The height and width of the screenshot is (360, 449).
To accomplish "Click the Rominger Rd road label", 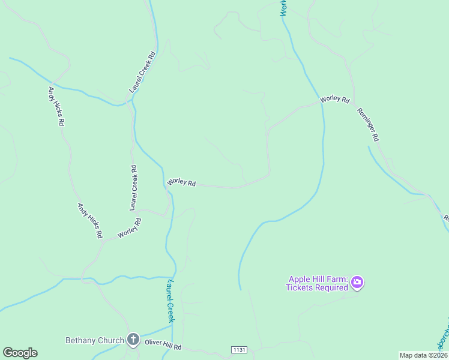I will coord(368,125).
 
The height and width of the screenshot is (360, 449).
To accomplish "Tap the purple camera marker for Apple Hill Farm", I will coord(357,282).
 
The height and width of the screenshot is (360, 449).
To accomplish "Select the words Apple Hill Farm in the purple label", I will coord(318,279).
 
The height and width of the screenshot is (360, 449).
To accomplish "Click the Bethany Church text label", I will coord(95,341).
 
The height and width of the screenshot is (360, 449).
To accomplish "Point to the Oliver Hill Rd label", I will coord(163,347).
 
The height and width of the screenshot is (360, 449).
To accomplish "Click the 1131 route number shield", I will coord(238,349).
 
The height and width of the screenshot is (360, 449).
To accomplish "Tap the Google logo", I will coord(20,353).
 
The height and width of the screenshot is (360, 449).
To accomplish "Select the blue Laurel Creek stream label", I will coord(170,301).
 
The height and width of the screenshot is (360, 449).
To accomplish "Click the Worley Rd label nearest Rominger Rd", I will coord(335,99).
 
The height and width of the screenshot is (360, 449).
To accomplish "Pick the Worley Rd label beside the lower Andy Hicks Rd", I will coord(130,228).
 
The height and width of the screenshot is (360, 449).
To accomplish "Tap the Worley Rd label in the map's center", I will coord(182,182).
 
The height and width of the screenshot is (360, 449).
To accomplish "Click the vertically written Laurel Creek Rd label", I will coord(134,187).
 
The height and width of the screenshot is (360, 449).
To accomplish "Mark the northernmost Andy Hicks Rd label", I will coord(56,106).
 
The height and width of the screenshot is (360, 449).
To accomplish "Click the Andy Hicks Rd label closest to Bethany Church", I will coord(89,220).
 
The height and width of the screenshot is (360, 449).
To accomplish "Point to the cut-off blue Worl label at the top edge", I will coord(283,7).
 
